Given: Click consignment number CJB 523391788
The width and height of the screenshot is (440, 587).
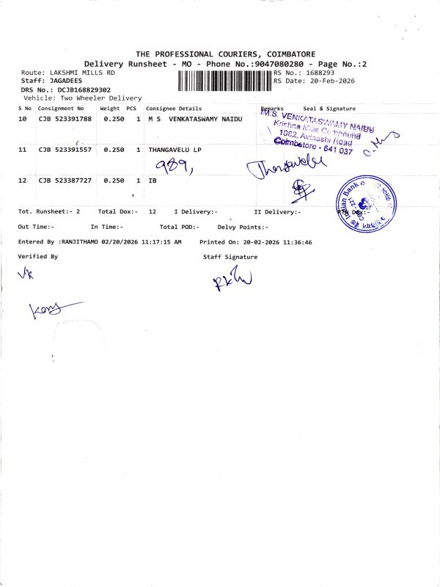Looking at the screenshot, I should (x=65, y=118).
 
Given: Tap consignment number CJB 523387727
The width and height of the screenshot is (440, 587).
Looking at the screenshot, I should (x=65, y=180).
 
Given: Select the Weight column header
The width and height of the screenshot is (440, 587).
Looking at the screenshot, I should (x=110, y=109).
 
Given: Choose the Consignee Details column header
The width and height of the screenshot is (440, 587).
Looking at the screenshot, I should (x=174, y=109).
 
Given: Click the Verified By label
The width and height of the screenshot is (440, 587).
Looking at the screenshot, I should (x=38, y=257).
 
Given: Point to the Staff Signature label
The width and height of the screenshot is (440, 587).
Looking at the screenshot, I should (x=230, y=257).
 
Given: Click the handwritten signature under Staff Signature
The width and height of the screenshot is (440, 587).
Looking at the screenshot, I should (x=232, y=280).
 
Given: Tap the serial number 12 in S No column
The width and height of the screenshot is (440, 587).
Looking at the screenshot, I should (x=23, y=180).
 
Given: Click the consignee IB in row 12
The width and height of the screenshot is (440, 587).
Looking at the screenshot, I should (x=153, y=180).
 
